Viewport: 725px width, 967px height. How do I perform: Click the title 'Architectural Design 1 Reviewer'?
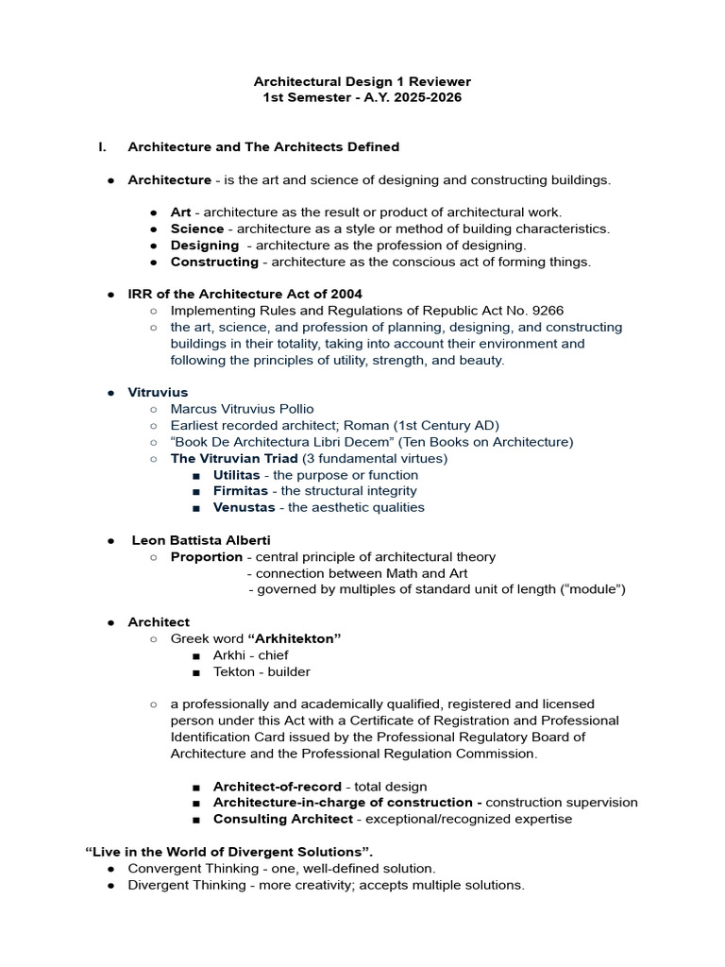[362, 81]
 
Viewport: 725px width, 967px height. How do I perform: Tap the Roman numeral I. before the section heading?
[103, 146]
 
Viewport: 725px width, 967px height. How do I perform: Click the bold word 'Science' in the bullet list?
[197, 229]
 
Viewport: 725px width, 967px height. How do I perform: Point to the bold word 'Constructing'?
[214, 262]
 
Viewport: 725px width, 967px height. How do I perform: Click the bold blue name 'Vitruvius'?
[158, 392]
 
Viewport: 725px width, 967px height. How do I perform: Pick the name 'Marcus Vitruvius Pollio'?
[242, 409]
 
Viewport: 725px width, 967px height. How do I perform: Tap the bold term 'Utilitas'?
[236, 475]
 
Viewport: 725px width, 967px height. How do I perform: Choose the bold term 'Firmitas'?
[240, 491]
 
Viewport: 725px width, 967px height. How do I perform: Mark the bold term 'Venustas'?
[244, 507]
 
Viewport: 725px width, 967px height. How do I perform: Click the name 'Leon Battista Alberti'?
[201, 540]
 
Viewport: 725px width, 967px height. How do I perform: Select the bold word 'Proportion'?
[206, 557]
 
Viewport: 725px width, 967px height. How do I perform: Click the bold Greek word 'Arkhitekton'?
[294, 638]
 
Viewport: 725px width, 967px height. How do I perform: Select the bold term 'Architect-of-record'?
[278, 787]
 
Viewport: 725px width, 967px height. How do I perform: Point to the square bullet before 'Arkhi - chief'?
[195, 655]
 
